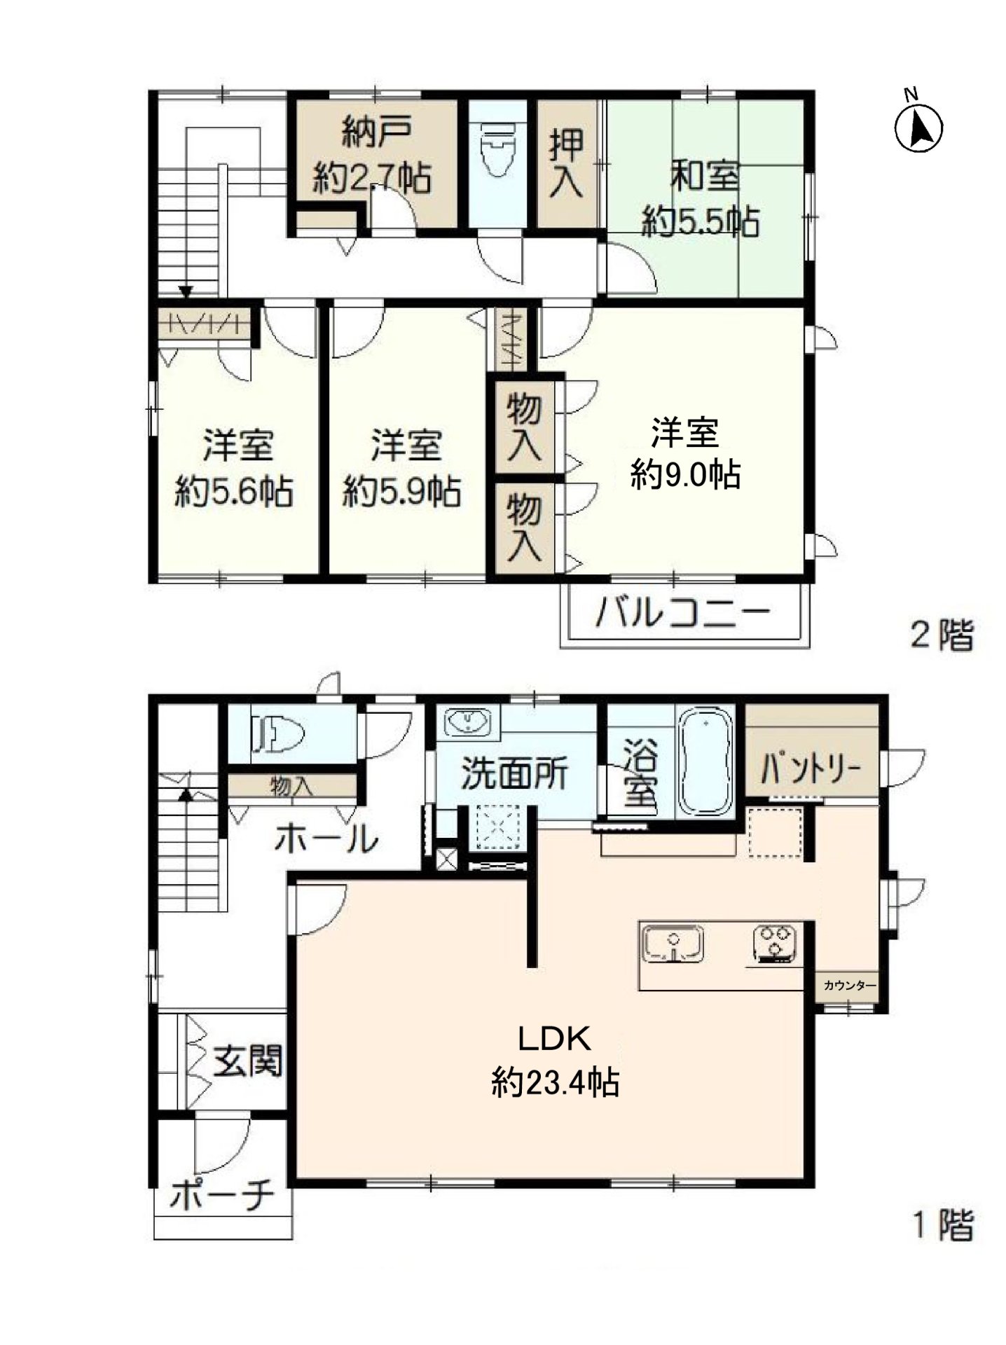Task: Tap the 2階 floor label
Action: (x=942, y=636)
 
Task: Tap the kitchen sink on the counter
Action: (x=673, y=944)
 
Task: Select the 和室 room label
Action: (x=704, y=176)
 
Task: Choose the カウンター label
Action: (x=849, y=986)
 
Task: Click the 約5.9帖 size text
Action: (x=401, y=492)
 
